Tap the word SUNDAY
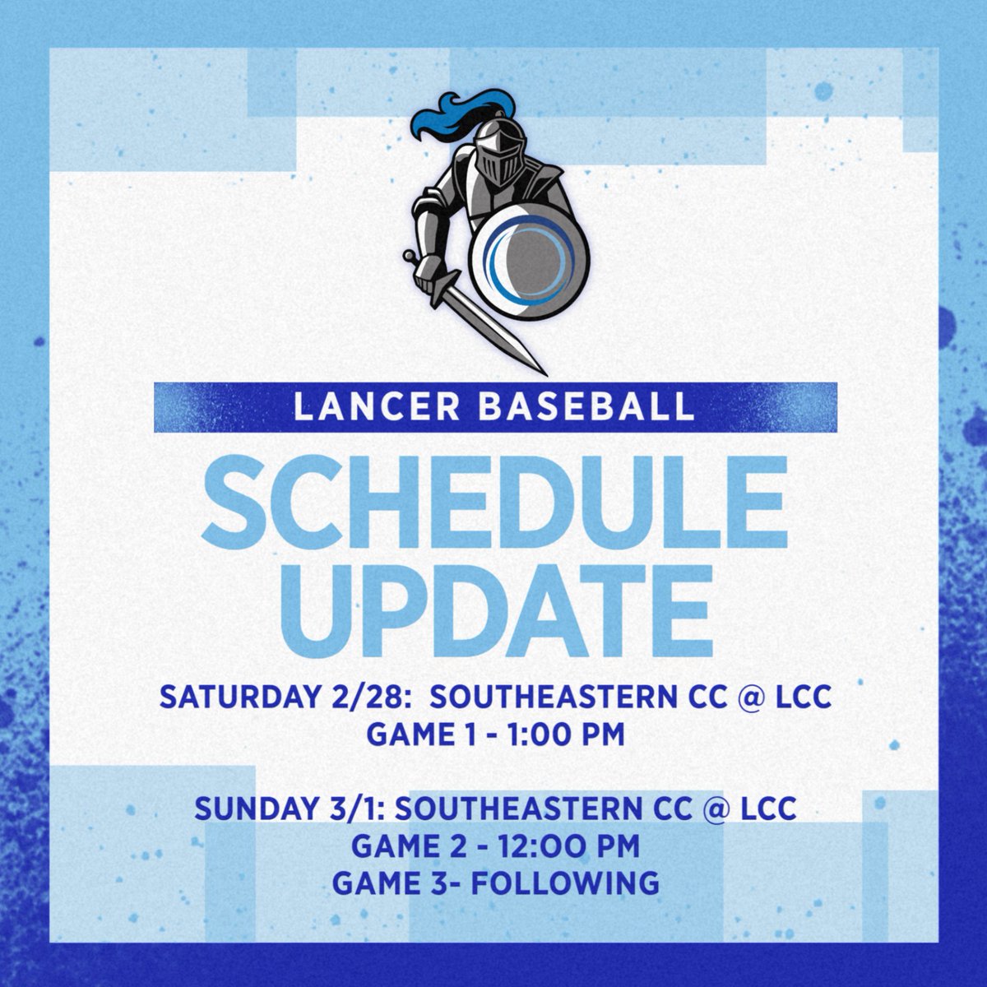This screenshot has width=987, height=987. (x=247, y=809)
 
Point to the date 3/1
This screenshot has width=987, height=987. (x=362, y=809)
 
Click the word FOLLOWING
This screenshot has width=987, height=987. (x=577, y=883)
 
